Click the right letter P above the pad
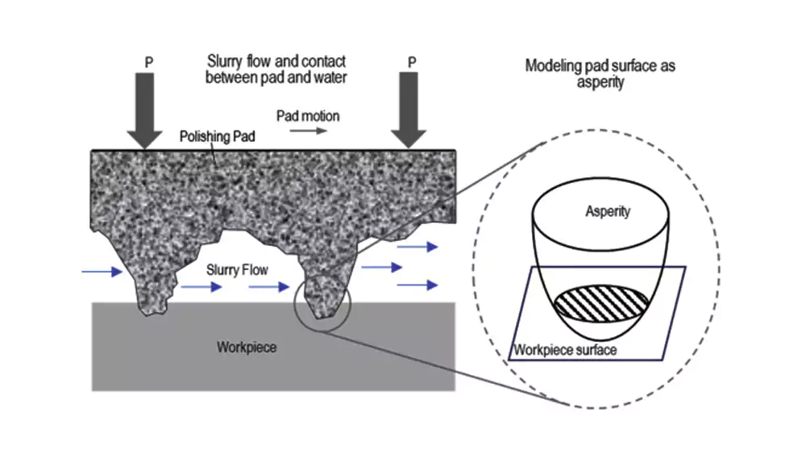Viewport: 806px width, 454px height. coord(413,61)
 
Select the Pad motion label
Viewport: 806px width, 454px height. coord(308,115)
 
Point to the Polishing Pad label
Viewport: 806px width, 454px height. coord(217,137)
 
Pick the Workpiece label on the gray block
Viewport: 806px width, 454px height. coord(247,348)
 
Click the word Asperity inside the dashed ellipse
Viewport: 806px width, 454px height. coord(608,212)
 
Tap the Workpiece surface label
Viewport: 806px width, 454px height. coord(565,350)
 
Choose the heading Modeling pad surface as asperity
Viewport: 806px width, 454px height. coord(600,73)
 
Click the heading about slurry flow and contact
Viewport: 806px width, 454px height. coord(276,70)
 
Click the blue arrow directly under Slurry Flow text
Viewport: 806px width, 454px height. coord(202,287)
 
